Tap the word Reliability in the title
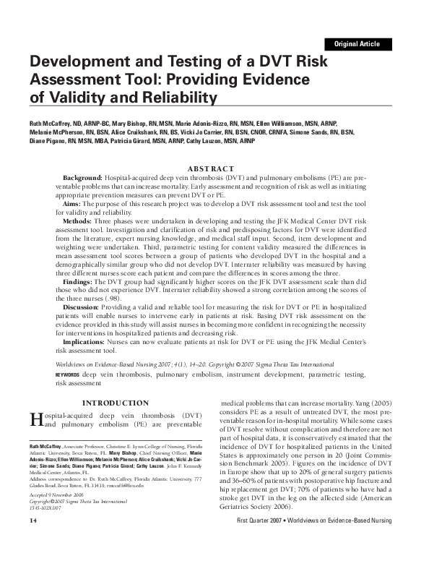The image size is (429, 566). point(178,97)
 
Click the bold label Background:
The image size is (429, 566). point(82,177)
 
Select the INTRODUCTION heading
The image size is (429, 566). point(116,403)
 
